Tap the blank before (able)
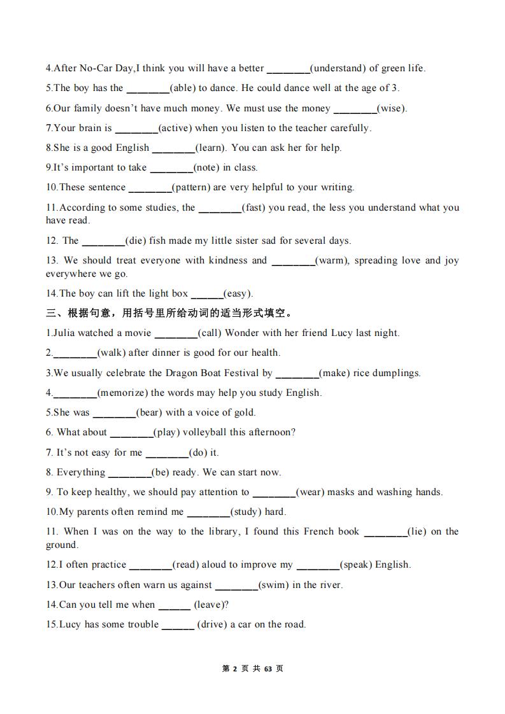coord(148,88)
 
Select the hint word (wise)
coord(392,108)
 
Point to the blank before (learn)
coord(173,148)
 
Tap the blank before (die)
coord(103,241)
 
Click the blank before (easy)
coord(206,294)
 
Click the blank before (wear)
coord(274,493)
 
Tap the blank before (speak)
coord(318,565)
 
